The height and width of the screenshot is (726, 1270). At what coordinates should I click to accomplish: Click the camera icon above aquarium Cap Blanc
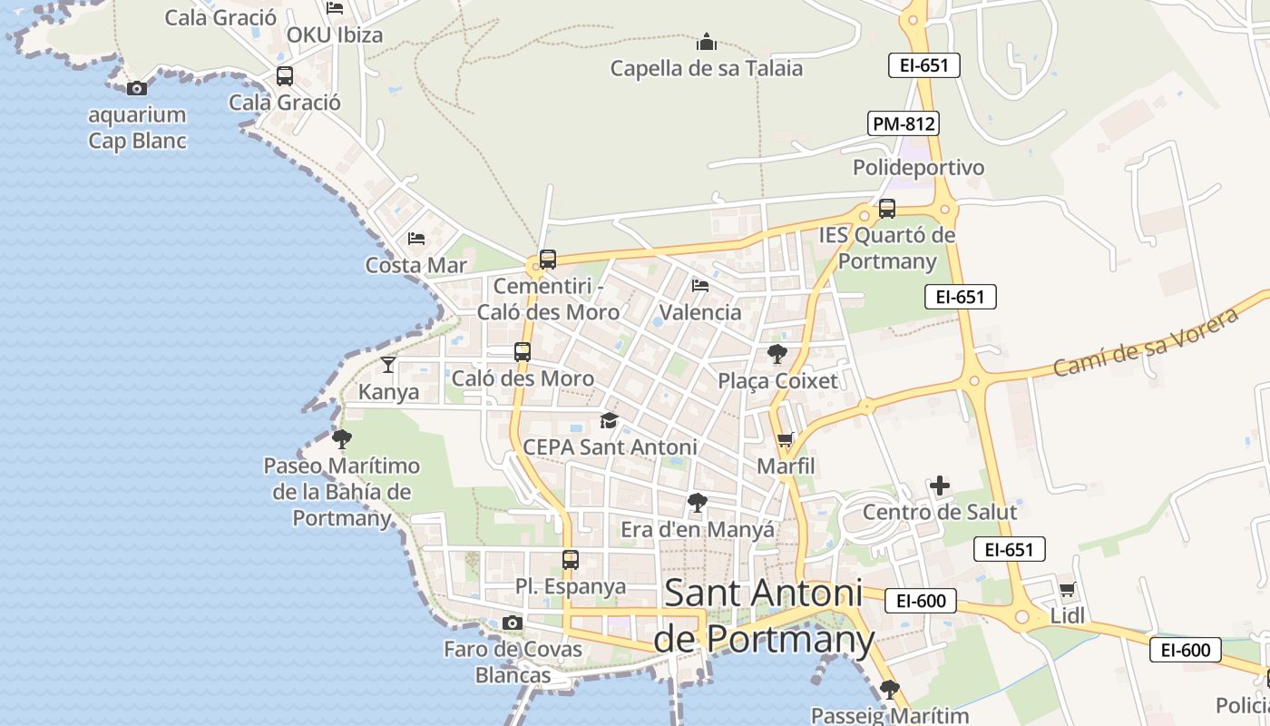pos(137,88)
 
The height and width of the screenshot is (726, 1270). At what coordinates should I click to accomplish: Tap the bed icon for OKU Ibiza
pos(335,8)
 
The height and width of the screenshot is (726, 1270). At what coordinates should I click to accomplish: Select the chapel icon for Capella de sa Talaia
pos(706,42)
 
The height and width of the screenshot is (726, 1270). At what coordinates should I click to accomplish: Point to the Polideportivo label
pos(918,168)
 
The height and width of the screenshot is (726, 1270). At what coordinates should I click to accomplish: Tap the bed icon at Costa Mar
pos(416,239)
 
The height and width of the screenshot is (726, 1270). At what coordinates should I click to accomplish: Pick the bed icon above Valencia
pos(700,286)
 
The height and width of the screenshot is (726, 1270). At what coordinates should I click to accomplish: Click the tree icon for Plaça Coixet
pos(777,354)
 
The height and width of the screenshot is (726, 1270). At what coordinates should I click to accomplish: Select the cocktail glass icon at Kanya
pos(388,365)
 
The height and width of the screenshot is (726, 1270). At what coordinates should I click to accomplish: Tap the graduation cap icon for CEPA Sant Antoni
pos(609,421)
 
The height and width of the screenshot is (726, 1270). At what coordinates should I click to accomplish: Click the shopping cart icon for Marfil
pos(786,440)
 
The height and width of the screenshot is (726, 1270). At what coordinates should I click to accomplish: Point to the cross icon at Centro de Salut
pos(940,486)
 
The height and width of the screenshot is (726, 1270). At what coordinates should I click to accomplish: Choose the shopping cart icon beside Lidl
pos(1068,589)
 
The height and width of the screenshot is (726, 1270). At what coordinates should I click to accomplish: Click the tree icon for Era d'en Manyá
pos(697,503)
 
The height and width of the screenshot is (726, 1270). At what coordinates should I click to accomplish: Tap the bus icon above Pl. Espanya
pos(570,560)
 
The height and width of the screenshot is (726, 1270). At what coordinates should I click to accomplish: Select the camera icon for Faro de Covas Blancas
pos(513,623)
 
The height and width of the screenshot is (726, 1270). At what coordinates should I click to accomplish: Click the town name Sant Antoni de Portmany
pos(764,616)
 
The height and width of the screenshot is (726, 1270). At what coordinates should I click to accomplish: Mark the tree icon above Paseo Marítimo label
pos(342,439)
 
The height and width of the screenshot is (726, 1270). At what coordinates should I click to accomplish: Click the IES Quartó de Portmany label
pos(887,248)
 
